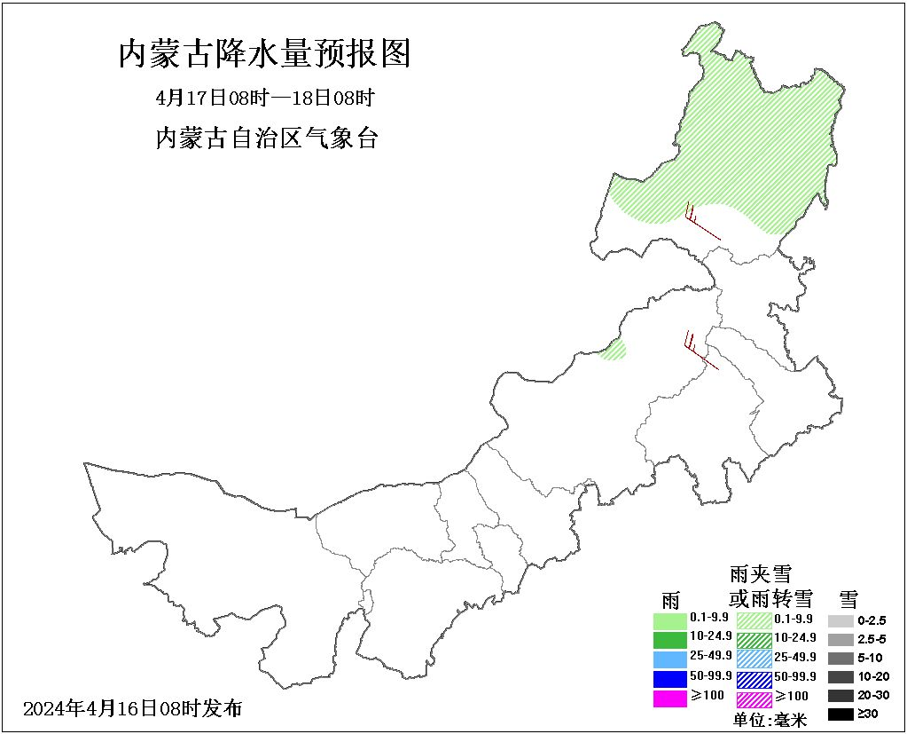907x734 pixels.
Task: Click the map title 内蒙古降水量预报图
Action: tap(264, 54)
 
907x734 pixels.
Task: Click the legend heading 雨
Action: tap(670, 600)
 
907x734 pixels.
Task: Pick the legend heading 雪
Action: tap(848, 599)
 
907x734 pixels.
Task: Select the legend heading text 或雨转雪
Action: tap(770, 598)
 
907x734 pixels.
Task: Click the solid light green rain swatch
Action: tap(670, 620)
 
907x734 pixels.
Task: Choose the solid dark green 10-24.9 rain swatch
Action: tap(670, 639)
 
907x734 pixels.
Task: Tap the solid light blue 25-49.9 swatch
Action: tap(670, 659)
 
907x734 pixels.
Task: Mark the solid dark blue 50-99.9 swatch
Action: tap(670, 679)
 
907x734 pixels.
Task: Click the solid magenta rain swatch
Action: tap(670, 698)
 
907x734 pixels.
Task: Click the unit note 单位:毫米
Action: tap(770, 720)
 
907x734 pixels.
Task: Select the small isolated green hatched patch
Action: tap(614, 349)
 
